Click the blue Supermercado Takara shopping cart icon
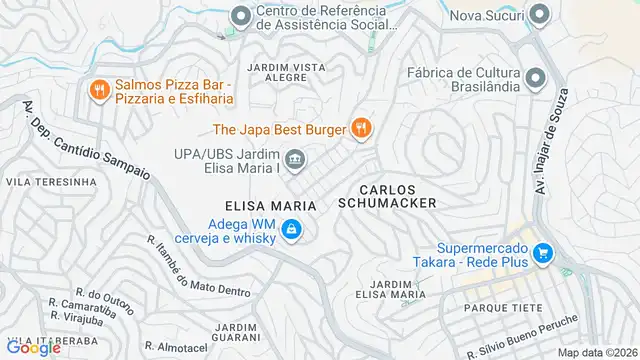click(x=542, y=253)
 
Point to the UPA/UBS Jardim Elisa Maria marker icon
click(x=295, y=158)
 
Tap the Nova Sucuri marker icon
click(x=539, y=14)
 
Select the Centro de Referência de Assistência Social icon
click(x=241, y=15)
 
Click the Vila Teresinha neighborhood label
click(x=52, y=182)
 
